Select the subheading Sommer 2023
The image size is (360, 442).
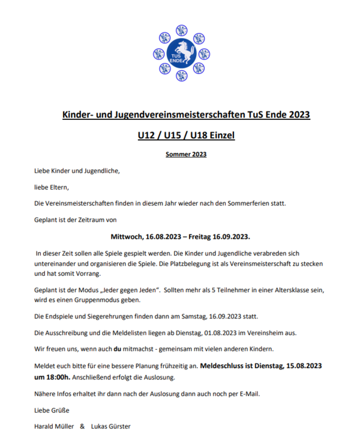click(x=186, y=155)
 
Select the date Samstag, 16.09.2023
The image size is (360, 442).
click(x=234, y=316)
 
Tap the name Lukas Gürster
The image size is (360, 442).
click(x=110, y=426)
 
